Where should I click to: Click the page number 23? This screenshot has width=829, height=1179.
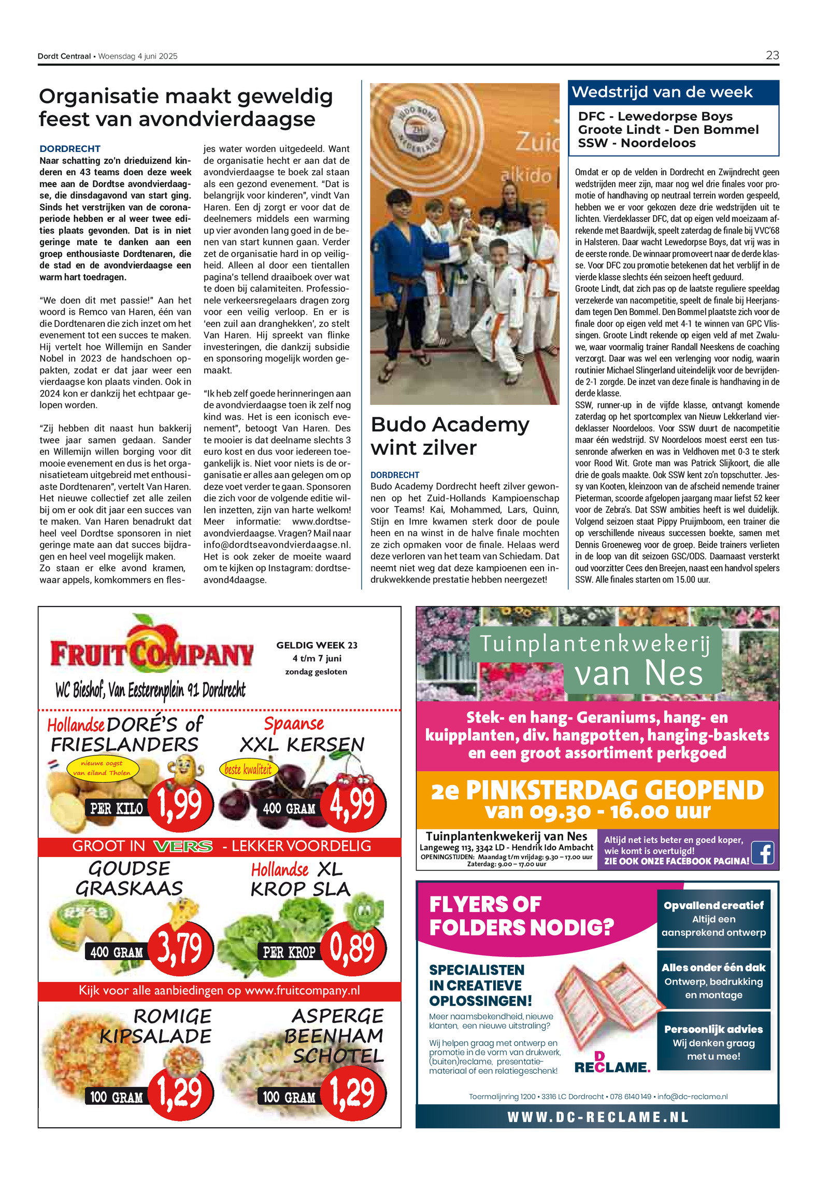(x=772, y=55)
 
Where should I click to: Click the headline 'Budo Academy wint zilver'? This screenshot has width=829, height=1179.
(x=450, y=436)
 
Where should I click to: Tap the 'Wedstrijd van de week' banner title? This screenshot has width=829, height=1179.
(x=662, y=92)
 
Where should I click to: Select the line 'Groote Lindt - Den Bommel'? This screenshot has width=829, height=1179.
(x=668, y=130)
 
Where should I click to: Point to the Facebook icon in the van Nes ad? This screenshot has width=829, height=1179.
(x=763, y=852)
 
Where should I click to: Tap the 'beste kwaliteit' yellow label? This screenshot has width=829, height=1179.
(x=248, y=769)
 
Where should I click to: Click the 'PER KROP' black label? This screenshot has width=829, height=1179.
(x=289, y=952)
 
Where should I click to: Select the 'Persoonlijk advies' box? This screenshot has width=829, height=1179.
(x=713, y=1042)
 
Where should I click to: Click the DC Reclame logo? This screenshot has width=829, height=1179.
(x=611, y=1063)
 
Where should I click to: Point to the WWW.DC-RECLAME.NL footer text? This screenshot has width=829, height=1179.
(x=597, y=1117)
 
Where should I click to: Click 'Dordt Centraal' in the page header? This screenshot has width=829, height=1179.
(x=64, y=57)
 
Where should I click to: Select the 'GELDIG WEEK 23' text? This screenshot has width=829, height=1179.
(x=317, y=645)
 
